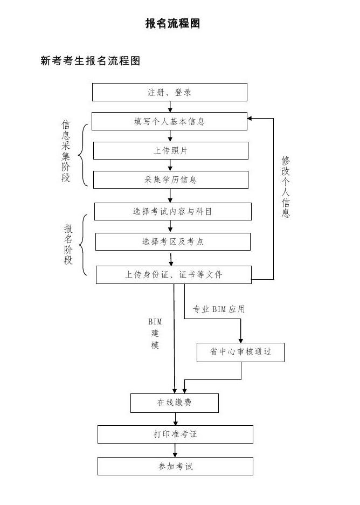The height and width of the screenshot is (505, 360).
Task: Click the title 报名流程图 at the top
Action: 172,23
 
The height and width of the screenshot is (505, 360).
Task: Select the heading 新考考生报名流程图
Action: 91,61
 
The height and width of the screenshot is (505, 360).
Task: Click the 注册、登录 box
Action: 170,92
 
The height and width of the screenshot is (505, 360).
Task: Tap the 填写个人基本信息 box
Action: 170,121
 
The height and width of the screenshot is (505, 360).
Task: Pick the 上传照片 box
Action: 170,150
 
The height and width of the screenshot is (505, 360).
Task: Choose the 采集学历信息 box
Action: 170,179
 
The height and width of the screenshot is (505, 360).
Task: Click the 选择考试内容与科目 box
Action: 172,211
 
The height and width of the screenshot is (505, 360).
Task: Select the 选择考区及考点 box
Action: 172,241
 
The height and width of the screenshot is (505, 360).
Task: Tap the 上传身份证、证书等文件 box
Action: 174,274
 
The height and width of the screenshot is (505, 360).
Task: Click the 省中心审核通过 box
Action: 240,352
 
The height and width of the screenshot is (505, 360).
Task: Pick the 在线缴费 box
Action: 175,403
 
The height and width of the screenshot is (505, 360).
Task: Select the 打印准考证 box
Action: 175,434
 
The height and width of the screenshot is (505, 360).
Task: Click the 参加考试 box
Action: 175,466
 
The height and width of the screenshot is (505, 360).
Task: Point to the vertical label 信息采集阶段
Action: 66,151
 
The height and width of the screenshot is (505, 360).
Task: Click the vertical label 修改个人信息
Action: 286,186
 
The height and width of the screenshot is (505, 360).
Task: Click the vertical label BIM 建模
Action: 155,334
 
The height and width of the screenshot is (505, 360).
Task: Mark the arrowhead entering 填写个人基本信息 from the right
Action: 251,117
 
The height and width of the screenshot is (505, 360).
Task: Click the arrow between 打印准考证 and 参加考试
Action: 175,451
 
